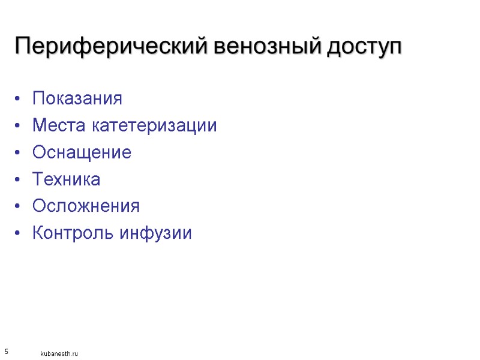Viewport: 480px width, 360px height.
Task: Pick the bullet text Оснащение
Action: (82, 152)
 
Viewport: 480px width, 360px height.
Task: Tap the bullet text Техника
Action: (66, 179)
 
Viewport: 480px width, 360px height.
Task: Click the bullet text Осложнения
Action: (86, 206)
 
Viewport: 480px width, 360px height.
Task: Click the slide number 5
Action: (6, 350)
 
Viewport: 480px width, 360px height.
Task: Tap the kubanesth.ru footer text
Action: (59, 354)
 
